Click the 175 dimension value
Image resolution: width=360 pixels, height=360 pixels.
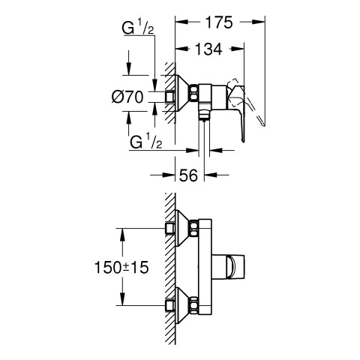click(219, 22)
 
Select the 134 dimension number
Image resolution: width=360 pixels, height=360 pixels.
click(208, 49)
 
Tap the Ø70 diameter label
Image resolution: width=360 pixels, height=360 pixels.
click(127, 97)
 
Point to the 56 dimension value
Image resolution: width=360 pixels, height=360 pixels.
click(188, 175)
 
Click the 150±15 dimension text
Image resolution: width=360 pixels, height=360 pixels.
click(121, 267)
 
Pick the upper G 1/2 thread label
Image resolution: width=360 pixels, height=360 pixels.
click(138, 28)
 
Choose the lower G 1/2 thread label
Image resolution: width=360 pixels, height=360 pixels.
click(145, 142)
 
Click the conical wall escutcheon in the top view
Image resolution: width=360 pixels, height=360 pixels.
click(183, 93)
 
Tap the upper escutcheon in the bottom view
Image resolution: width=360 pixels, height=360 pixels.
click(183, 228)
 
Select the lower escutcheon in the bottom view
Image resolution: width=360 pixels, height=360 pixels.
click(183, 305)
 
